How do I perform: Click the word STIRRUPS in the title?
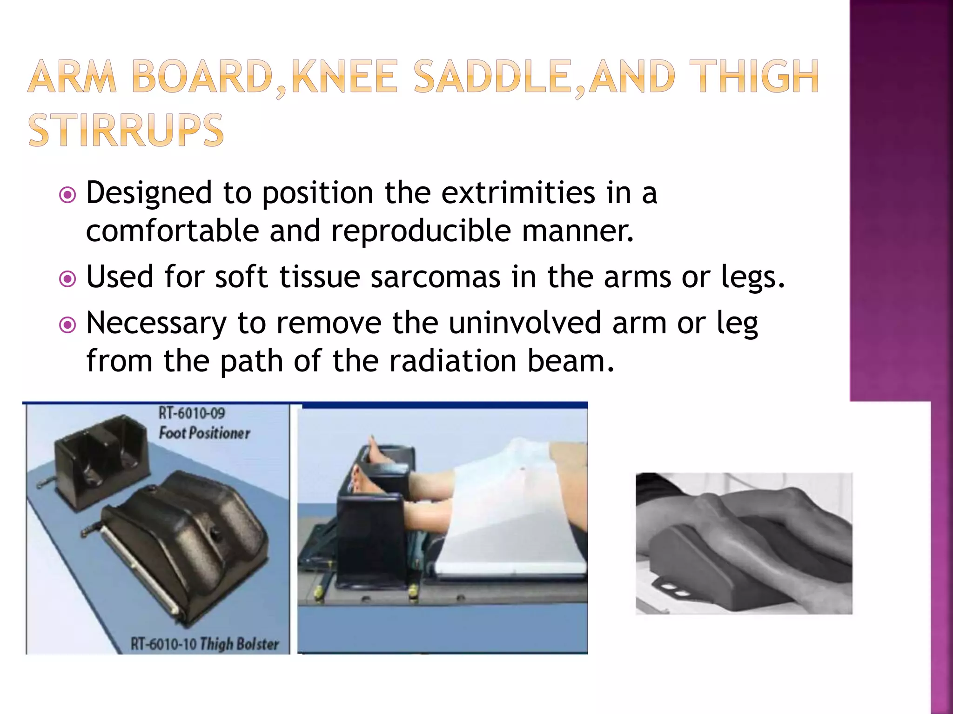126,130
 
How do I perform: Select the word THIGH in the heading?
753,76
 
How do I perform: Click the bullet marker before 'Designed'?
68,195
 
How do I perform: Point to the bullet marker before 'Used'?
68,279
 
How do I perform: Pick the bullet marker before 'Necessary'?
68,325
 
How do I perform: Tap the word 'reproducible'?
421,231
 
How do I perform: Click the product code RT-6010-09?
192,413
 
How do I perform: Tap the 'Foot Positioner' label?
204,433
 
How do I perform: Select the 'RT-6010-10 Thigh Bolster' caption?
205,644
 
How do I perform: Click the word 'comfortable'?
172,231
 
